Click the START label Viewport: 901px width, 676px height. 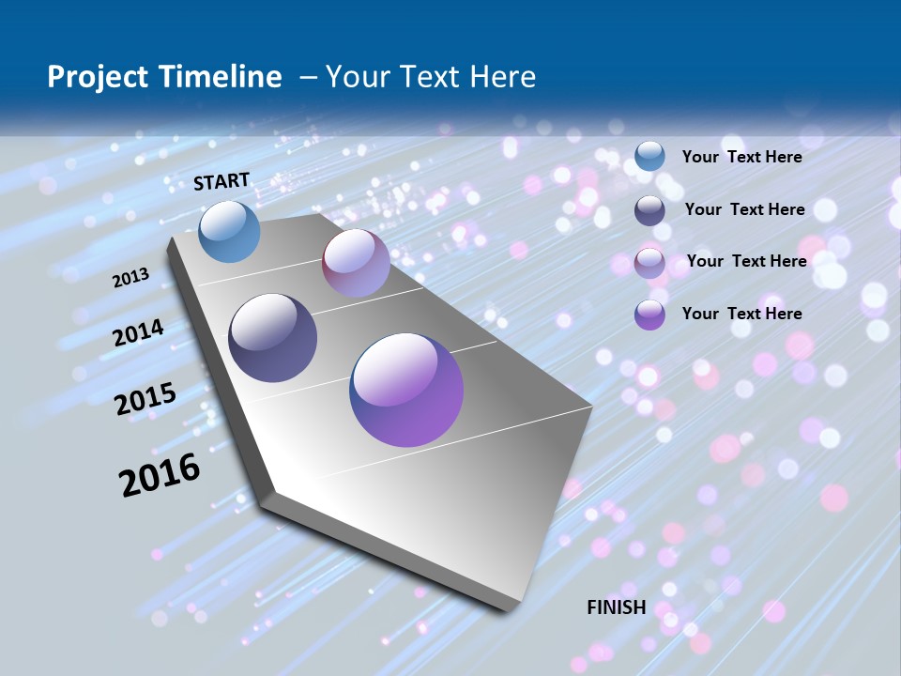[x=221, y=181]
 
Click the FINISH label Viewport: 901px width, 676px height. [x=617, y=607]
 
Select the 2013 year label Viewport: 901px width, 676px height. [x=131, y=277]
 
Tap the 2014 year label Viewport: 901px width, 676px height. [x=139, y=332]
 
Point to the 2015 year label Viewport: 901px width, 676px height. [x=145, y=399]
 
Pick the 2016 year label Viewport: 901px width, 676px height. [x=160, y=474]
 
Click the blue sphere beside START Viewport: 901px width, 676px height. [x=230, y=231]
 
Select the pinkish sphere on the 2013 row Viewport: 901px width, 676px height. [x=356, y=263]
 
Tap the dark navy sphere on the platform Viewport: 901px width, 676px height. [x=273, y=338]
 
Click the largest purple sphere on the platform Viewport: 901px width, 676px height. [x=406, y=390]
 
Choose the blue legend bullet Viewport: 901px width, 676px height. [x=649, y=157]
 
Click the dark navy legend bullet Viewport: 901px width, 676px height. [x=649, y=210]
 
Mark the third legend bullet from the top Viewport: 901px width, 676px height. [x=649, y=263]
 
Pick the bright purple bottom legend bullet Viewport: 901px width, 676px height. [x=649, y=315]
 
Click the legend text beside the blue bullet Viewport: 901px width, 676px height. [x=741, y=157]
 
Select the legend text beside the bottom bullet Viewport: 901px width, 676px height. [x=741, y=314]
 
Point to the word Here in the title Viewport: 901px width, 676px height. [x=503, y=76]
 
